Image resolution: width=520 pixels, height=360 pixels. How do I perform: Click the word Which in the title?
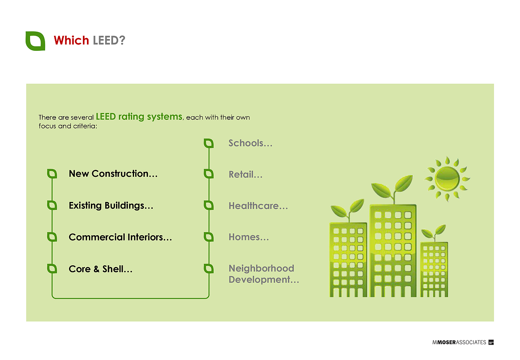pos(71,40)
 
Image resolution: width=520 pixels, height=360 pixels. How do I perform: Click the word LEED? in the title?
pos(109,40)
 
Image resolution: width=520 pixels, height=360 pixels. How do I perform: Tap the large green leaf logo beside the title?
pos(35,41)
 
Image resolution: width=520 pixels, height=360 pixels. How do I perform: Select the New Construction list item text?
pos(113,174)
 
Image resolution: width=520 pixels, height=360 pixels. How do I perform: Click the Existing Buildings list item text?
pos(111,206)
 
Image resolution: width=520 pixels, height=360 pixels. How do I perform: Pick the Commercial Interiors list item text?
pos(120,237)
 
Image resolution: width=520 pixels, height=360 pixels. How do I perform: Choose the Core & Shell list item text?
pos(100,269)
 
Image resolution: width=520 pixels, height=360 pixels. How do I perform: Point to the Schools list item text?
pos(250,143)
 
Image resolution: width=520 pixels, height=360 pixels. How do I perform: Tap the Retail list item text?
pos(245,174)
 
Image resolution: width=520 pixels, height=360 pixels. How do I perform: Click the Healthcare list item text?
pos(258,206)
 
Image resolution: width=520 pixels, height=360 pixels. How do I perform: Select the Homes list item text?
pos(249,237)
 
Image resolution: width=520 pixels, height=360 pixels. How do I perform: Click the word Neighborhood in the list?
pos(261,268)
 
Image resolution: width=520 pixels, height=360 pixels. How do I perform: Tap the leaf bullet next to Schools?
pos(208,143)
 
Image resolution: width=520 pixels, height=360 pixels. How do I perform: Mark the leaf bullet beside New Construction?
pos(52,174)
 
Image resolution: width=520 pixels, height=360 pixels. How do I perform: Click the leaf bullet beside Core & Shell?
pos(52,269)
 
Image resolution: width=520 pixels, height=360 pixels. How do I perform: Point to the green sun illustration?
pos(447,179)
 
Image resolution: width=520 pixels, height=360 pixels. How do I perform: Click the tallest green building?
pos(393,250)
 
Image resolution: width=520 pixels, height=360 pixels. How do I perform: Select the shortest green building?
pos(434,269)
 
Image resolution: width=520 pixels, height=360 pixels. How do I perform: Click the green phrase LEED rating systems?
pos(139,117)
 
